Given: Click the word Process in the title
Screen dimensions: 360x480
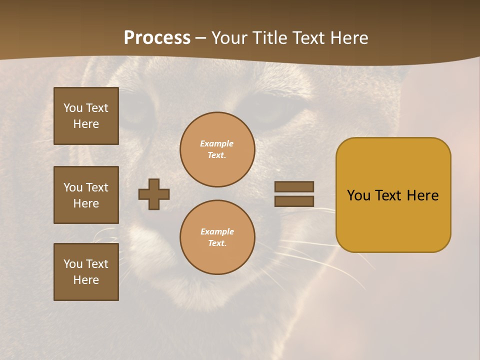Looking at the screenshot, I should coord(157,38).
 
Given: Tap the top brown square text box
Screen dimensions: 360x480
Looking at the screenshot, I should coord(86,116).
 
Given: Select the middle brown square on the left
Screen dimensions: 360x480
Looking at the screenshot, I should coord(86,195).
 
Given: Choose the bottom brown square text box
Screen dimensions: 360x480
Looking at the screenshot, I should coord(86,272).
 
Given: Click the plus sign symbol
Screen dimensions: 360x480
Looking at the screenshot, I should coord(154,194).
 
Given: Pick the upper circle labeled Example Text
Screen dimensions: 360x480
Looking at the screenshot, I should coord(217,149).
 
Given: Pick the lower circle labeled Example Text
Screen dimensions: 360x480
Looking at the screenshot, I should coord(217,237).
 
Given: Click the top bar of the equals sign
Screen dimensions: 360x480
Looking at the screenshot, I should coord(294,186).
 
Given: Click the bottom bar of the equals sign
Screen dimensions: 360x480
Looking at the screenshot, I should coord(294,201).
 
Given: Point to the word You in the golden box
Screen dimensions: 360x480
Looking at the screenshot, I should coord(358,195).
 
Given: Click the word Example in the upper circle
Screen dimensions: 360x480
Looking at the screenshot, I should coord(217,143).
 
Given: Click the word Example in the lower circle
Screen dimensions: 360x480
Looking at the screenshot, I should coord(217,231).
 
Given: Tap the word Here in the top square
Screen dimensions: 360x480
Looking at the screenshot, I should coord(86,124).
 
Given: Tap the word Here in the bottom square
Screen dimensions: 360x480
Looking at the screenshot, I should coord(86,280).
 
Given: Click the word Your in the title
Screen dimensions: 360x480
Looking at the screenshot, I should coord(229,38).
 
